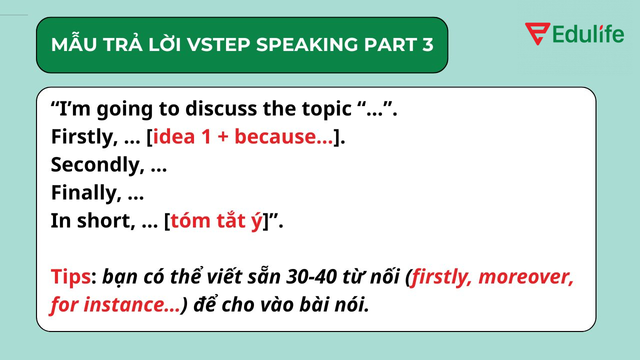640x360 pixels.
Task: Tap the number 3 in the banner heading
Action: click(x=426, y=45)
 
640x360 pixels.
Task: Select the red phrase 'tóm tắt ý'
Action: click(x=216, y=221)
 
